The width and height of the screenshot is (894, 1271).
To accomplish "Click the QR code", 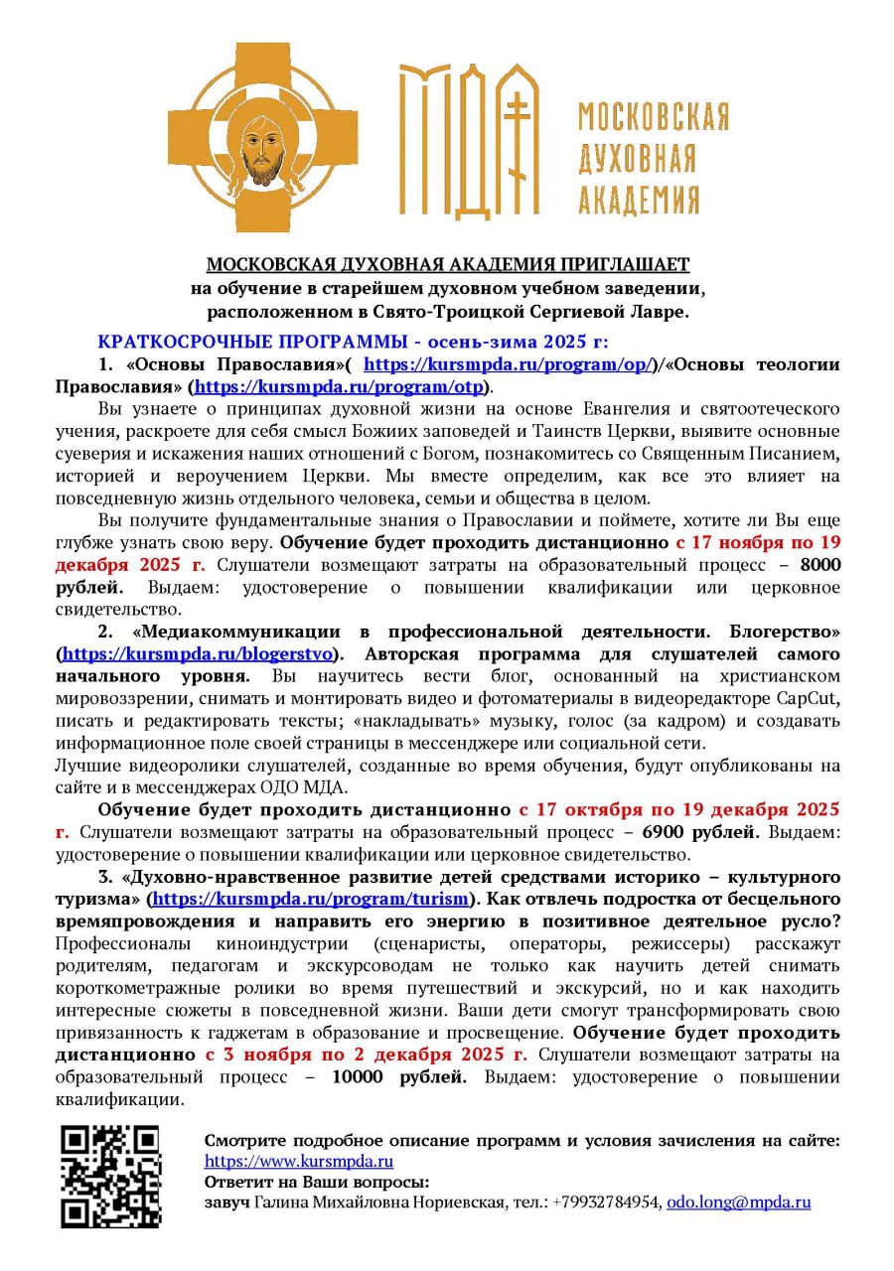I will tap(110, 1176).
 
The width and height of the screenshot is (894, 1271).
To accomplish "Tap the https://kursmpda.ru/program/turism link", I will tap(310, 899).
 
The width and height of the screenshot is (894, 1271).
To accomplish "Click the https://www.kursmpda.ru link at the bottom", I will tap(299, 1161).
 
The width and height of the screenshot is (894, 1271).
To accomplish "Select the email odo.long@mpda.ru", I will tap(738, 1201).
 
